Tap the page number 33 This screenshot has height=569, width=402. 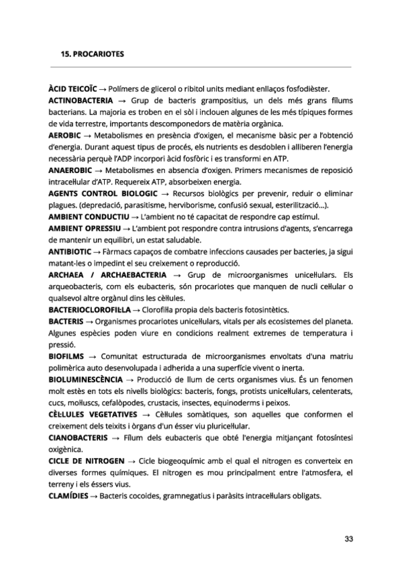[348, 538]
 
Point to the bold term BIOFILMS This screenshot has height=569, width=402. [66, 356]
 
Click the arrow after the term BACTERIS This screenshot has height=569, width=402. [89, 322]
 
